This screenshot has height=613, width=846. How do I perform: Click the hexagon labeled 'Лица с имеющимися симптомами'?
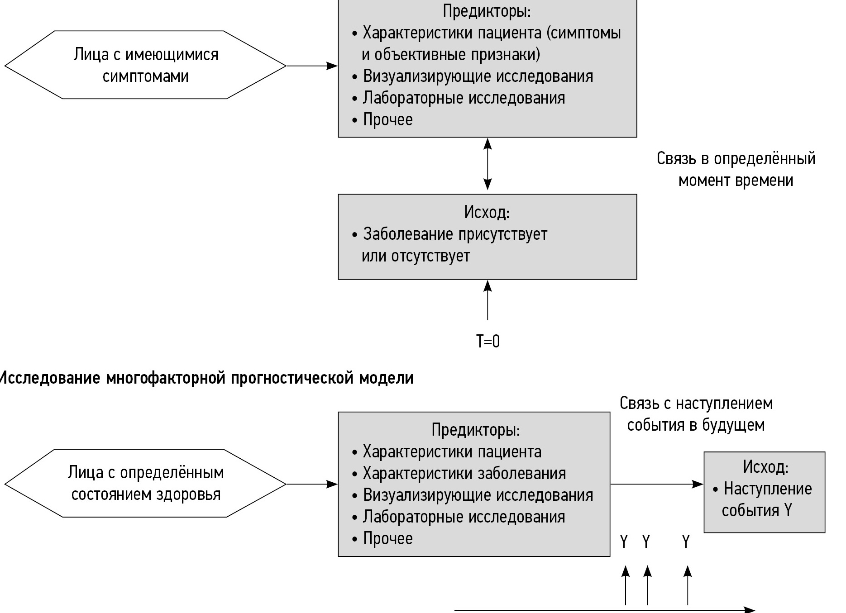(145, 65)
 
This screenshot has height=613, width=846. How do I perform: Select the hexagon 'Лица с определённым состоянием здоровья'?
(145, 483)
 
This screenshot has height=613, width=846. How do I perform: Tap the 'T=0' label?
(488, 341)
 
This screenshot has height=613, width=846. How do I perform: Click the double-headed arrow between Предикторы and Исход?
(488, 164)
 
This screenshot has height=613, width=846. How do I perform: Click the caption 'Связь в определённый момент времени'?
(736, 169)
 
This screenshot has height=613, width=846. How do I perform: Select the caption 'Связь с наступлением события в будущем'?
(696, 414)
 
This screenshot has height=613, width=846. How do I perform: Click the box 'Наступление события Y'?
(764, 492)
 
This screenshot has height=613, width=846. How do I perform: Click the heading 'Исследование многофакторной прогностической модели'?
(206, 378)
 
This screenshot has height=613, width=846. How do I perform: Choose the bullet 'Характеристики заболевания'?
(464, 473)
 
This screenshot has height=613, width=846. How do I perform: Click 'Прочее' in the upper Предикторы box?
(387, 119)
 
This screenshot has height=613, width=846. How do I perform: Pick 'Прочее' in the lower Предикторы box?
(387, 538)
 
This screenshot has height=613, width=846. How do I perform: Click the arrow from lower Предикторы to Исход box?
(656, 484)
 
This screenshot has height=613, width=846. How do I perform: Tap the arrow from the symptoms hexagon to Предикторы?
(312, 66)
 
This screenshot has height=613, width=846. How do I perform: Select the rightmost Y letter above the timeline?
(686, 541)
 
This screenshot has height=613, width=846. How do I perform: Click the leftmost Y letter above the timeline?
(624, 541)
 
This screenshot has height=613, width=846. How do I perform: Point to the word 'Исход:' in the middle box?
(487, 212)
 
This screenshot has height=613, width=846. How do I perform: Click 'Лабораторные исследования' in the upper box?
(464, 98)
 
